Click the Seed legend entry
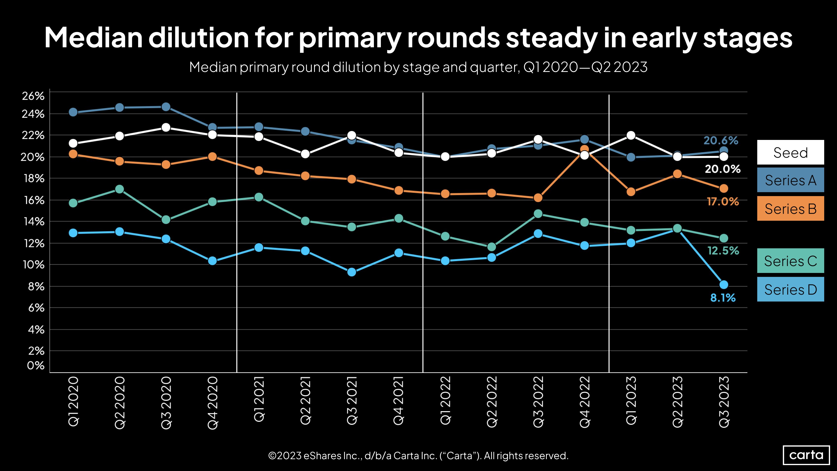click(x=790, y=152)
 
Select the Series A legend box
click(x=790, y=180)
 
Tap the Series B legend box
click(x=790, y=208)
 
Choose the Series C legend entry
click(x=790, y=261)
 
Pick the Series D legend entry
click(x=790, y=289)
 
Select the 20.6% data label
click(x=721, y=140)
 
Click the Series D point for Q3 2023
click(x=724, y=285)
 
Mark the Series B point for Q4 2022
click(x=584, y=150)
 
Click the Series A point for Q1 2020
click(x=73, y=113)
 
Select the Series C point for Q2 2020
click(x=120, y=189)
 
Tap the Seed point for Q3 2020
click(x=166, y=127)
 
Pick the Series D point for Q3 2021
click(x=352, y=272)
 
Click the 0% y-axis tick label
click(x=36, y=365)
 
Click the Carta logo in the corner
click(x=806, y=455)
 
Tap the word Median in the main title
click(x=93, y=38)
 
